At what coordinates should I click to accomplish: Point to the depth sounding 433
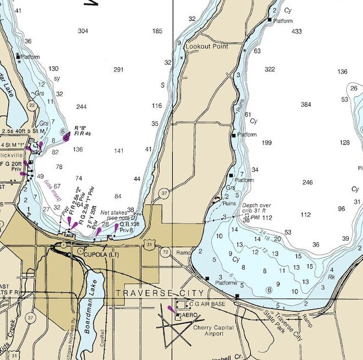(296, 31)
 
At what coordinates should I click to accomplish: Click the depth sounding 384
(306, 104)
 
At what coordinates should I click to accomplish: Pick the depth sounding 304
(83, 31)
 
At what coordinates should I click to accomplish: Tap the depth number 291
(118, 69)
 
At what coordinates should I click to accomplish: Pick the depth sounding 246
(307, 182)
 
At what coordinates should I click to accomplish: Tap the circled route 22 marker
(32, 105)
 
